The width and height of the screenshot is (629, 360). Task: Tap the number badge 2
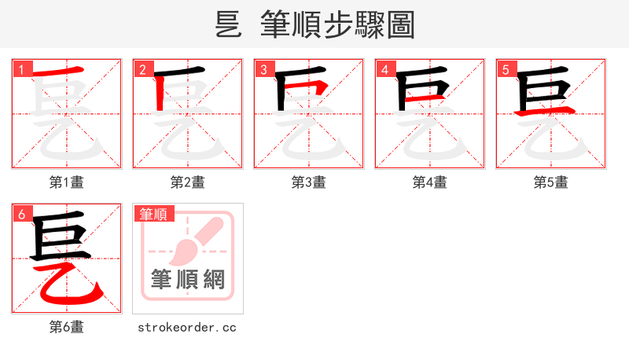click(x=142, y=69)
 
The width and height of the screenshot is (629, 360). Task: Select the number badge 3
click(x=263, y=69)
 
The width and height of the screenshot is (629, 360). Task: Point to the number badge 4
click(x=384, y=69)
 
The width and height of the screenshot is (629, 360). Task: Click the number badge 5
click(x=506, y=69)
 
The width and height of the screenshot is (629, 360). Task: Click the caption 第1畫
click(x=67, y=182)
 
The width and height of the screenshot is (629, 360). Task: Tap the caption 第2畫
click(x=188, y=182)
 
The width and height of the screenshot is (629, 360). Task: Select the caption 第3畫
click(x=309, y=182)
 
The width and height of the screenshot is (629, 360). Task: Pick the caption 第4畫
click(x=430, y=182)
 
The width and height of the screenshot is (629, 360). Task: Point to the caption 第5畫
click(x=551, y=182)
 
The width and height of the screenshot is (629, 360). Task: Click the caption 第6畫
click(x=67, y=327)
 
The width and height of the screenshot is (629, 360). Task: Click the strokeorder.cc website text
click(x=187, y=327)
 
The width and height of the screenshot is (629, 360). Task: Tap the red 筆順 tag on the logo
click(x=153, y=214)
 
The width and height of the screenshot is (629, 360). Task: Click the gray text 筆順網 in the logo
click(x=188, y=279)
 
